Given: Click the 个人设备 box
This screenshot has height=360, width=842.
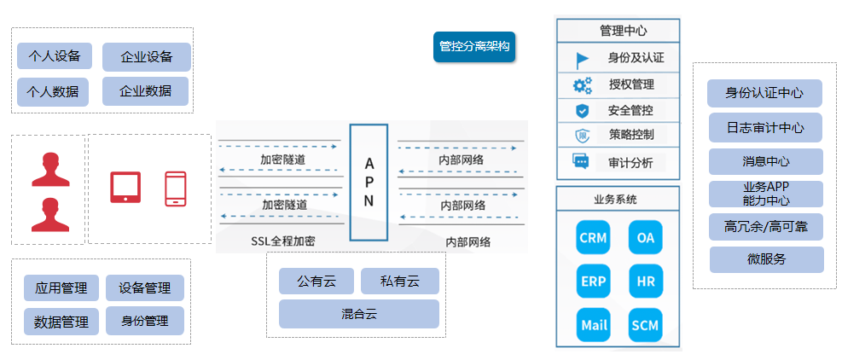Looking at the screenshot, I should (x=55, y=57).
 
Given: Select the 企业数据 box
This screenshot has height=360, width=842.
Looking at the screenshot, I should (x=146, y=91).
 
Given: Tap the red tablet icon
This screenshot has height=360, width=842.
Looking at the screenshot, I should (x=125, y=187).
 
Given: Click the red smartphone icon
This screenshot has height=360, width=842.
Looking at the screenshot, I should (x=176, y=188).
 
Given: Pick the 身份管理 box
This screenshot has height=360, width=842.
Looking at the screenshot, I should (x=145, y=321).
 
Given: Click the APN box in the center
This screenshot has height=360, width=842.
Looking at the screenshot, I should (x=369, y=182).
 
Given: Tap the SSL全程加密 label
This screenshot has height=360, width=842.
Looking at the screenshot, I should (x=282, y=241).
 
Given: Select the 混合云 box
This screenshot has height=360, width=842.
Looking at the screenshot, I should (x=358, y=314).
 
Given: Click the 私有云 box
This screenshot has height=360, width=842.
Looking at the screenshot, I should (x=399, y=281).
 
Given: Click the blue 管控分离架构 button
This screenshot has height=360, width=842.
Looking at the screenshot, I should (x=473, y=47).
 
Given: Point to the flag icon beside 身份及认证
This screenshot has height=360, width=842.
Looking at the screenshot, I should (x=582, y=60).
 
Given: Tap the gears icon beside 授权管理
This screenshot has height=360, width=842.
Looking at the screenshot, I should (x=582, y=85).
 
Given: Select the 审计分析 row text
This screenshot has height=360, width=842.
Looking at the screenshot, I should (x=630, y=162).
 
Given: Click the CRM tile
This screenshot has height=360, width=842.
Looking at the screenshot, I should (x=592, y=238).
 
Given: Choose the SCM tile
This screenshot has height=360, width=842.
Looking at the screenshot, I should (x=644, y=325).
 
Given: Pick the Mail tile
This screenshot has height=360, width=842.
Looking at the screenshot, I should (x=593, y=325).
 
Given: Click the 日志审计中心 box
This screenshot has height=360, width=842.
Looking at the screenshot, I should (x=765, y=128).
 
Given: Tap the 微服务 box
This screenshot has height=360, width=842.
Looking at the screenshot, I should (x=766, y=259).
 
